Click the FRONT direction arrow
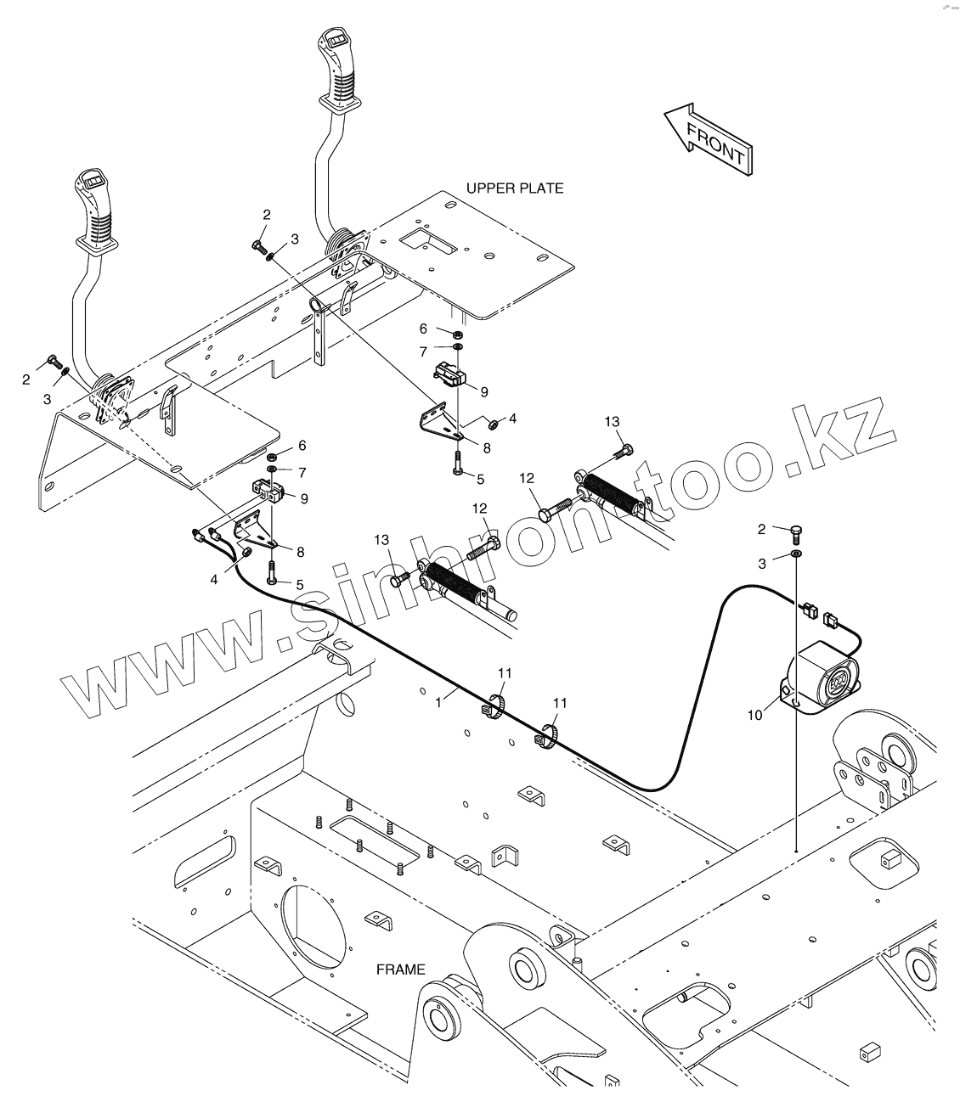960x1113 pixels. pyautogui.click(x=707, y=139)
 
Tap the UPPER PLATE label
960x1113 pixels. pyautogui.click(x=514, y=188)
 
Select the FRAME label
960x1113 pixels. pyautogui.click(x=400, y=969)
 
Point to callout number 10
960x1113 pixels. pyautogui.click(x=755, y=715)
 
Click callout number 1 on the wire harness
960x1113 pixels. pyautogui.click(x=438, y=703)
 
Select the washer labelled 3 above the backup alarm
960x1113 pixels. pyautogui.click(x=797, y=554)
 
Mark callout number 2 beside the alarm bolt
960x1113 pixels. pyautogui.click(x=761, y=530)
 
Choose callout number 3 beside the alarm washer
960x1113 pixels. pyautogui.click(x=762, y=563)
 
